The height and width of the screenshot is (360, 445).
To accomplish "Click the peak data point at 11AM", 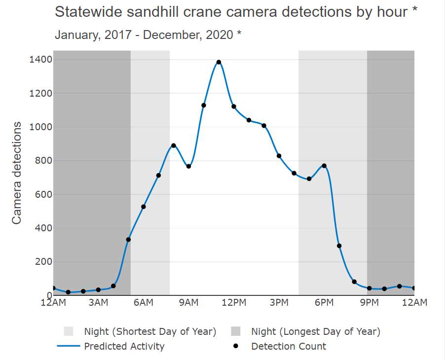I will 219,62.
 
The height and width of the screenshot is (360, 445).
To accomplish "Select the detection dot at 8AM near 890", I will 174,145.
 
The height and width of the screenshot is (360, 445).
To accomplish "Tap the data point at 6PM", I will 324,166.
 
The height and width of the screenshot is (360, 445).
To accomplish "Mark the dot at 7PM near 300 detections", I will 339,246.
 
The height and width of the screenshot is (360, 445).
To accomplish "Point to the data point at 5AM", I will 128,240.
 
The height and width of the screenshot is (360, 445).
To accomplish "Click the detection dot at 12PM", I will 234,107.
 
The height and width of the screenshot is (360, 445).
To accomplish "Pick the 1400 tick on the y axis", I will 39,60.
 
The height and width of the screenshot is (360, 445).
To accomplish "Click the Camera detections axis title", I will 17,173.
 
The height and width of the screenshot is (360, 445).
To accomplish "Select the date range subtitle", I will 148,35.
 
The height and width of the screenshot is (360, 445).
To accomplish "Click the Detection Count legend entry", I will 289,346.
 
